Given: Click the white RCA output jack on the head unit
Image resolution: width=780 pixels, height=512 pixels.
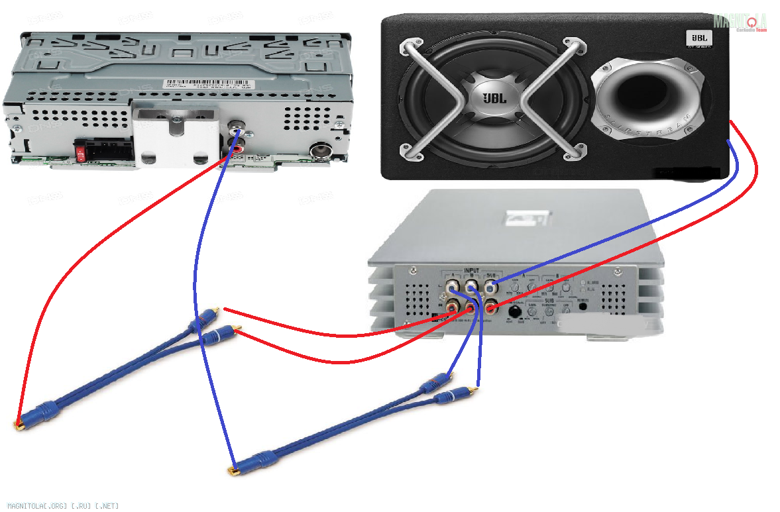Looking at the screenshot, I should click(237, 126).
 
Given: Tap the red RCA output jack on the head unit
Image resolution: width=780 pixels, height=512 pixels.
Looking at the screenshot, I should click(237, 141).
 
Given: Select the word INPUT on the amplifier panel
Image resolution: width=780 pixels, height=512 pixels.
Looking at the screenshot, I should click(471, 271).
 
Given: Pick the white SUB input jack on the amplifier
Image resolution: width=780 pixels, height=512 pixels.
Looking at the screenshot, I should click(491, 288).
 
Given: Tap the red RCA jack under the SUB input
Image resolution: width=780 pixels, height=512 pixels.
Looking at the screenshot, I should click(491, 307).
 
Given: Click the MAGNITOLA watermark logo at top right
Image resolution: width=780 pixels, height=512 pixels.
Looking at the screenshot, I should click(740, 23).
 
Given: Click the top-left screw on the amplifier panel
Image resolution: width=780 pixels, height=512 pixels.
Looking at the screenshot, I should click(414, 270).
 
